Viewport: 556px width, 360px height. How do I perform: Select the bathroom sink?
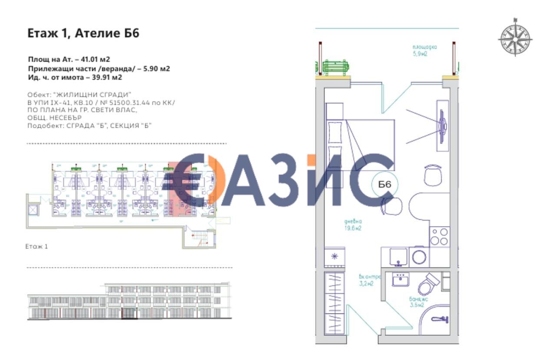(400, 280)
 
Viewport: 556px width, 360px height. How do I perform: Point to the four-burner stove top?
(439, 237)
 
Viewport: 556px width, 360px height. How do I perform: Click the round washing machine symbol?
(420, 257)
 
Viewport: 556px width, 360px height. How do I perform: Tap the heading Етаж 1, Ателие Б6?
(83, 33)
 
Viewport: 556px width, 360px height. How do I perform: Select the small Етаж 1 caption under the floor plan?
(36, 246)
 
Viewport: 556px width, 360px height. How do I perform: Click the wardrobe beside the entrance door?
(334, 303)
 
